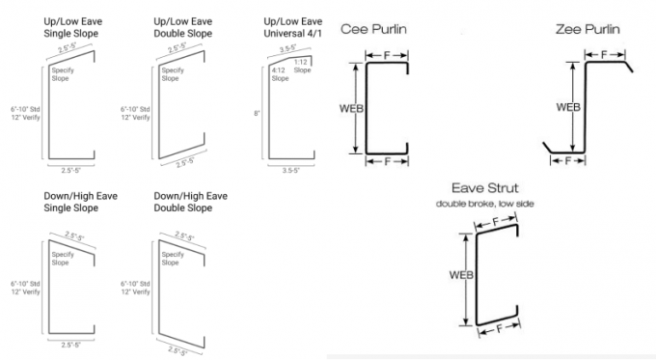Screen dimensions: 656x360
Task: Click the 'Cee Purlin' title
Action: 373,29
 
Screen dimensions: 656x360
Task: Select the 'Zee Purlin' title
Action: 588,29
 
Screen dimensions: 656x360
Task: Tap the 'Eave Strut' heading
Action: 485,188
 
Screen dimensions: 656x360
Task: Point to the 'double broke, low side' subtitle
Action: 485,204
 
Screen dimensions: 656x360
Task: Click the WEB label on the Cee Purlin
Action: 351,108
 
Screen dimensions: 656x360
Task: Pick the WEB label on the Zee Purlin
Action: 568,107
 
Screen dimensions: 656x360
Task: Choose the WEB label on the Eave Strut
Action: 461,275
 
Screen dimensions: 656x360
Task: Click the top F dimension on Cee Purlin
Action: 387,55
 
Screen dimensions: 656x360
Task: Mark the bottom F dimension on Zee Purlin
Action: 567,161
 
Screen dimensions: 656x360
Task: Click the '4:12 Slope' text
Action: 280,74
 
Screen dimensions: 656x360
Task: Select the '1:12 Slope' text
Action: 302,67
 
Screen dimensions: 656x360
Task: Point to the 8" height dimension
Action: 257,113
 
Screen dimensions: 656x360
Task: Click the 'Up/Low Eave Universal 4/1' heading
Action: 293,28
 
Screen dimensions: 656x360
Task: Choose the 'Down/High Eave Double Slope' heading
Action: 190,202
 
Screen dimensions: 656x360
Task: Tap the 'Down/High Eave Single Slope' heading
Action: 80,202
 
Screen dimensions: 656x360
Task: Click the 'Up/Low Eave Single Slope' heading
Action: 72,28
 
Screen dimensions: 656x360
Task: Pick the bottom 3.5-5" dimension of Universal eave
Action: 291,171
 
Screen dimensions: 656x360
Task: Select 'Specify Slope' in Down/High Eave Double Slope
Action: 173,259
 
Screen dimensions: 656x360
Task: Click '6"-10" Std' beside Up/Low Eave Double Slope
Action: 135,109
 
